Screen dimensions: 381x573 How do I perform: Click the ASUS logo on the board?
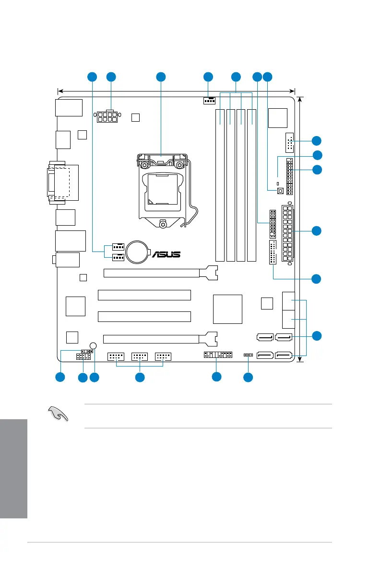click(x=167, y=254)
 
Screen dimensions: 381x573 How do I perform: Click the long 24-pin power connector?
click(x=290, y=232)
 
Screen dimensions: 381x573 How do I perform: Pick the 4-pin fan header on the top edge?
click(x=209, y=101)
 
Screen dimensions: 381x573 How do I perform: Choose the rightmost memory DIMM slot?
click(x=252, y=184)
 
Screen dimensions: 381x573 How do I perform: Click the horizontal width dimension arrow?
click(x=176, y=90)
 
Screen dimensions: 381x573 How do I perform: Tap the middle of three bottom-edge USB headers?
click(x=140, y=357)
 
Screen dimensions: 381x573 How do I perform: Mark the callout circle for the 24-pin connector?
click(x=316, y=231)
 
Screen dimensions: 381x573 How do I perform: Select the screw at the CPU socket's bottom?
click(x=163, y=224)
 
